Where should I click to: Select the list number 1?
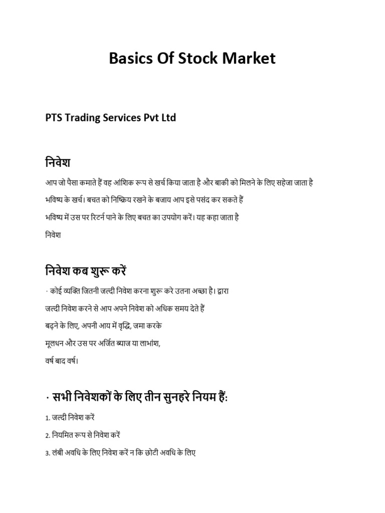(x=46, y=418)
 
